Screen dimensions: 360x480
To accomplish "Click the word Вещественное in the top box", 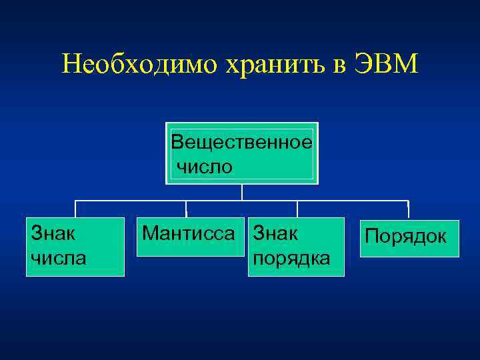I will pyautogui.click(x=241, y=142).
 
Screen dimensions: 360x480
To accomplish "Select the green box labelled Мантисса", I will pyautogui.click(x=188, y=237).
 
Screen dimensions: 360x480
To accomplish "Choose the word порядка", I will pyautogui.click(x=290, y=257).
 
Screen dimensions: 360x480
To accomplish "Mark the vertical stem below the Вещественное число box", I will pyautogui.click(x=241, y=192).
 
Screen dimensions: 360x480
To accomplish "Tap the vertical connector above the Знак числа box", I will pyautogui.click(x=75, y=209).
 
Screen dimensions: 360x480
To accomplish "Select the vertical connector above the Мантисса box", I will pyautogui.click(x=186, y=209).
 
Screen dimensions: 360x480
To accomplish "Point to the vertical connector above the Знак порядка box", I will pyautogui.click(x=297, y=209).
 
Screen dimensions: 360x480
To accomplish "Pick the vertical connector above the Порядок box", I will pyautogui.click(x=407, y=209).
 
